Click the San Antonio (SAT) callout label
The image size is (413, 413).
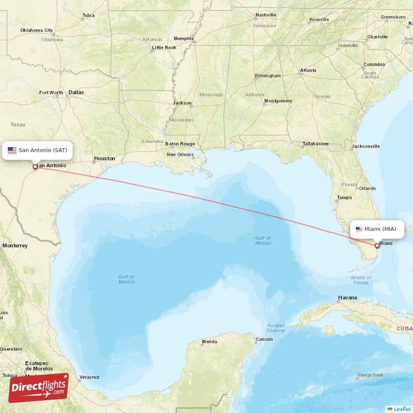pos(37,150)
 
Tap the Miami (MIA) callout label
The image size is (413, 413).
pos(377,229)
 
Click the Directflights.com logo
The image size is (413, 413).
pos(39,387)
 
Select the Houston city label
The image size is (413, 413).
pos(104,158)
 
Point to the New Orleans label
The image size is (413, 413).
pos(180,154)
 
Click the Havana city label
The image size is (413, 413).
pos(347,298)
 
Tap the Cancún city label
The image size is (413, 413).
pos(264,339)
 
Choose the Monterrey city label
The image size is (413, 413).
pos(14,246)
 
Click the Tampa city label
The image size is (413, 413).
pos(344,198)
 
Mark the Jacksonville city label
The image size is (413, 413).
pos(366,146)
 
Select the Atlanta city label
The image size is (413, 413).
pos(308,70)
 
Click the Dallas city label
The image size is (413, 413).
pos(76,92)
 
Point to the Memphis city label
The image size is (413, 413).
pos(183,38)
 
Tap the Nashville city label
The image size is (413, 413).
pos(266,15)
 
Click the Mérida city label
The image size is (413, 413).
pos(209,342)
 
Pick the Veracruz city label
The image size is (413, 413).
pos(89,377)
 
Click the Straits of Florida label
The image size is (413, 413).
pos(360,280)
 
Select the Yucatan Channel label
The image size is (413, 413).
pos(276,327)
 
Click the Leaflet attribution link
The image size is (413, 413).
pos(402,409)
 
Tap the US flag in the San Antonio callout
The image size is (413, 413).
pos(12,150)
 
